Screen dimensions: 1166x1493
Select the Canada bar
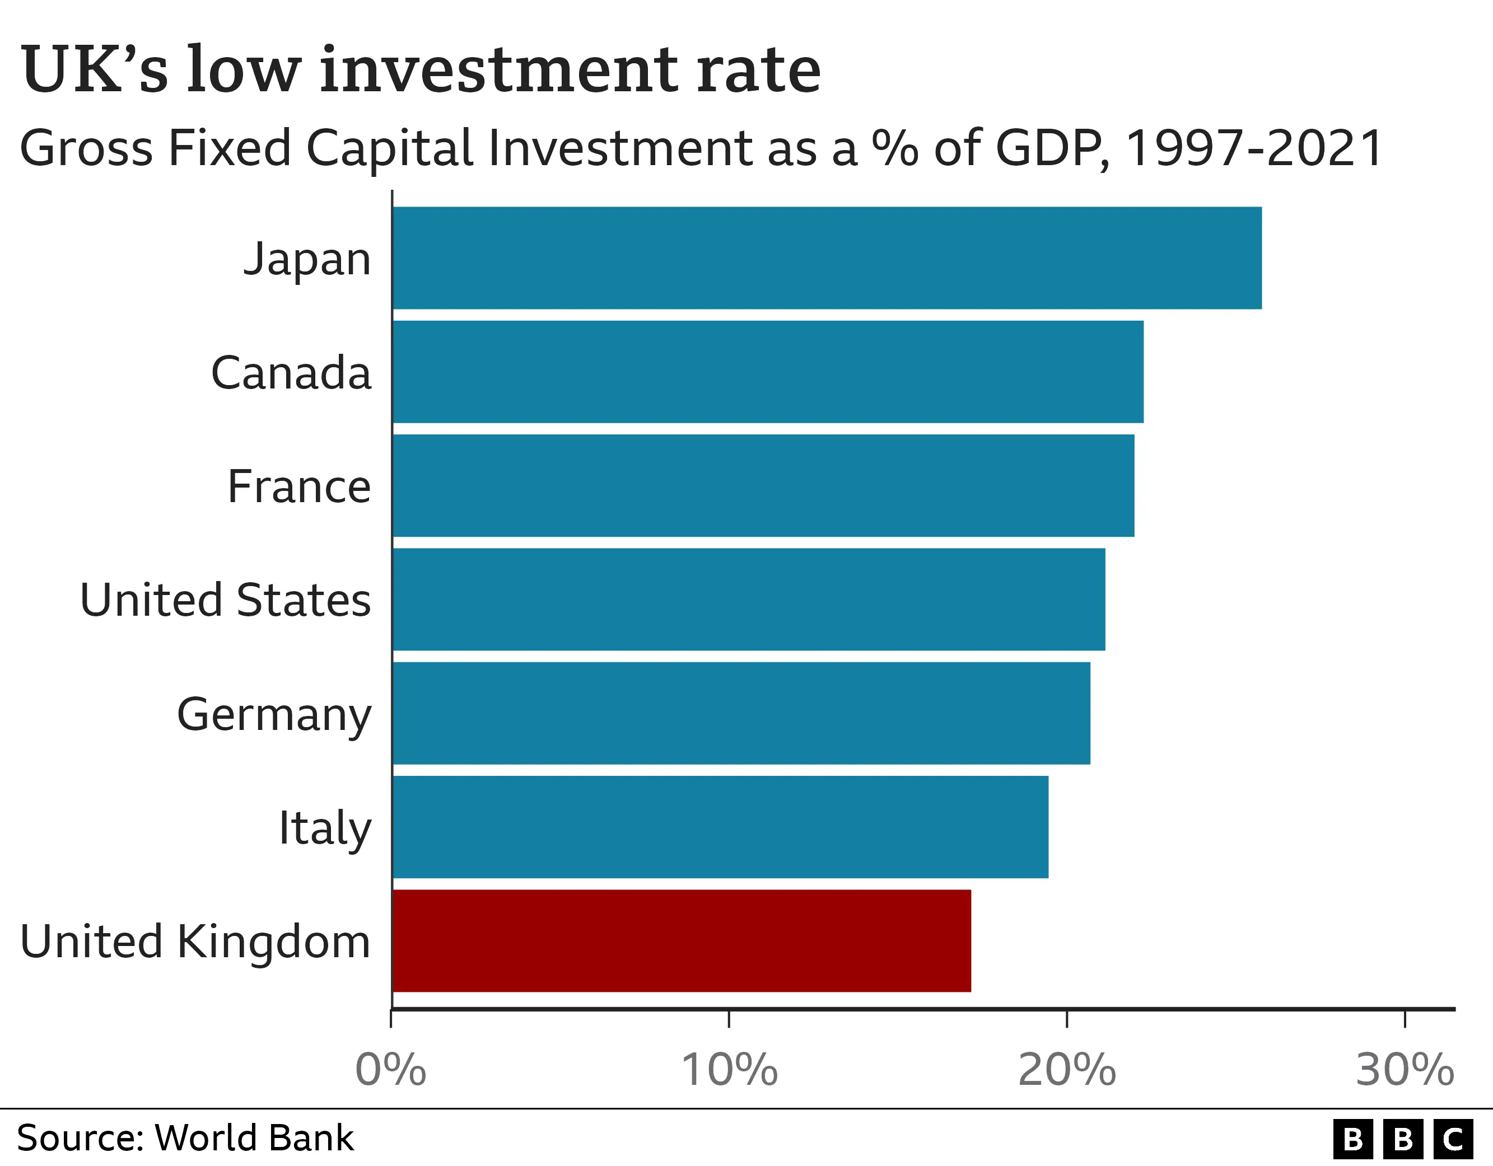(x=768, y=372)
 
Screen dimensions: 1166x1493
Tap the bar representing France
(x=763, y=485)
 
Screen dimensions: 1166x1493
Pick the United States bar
(x=749, y=600)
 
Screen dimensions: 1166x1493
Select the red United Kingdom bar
(x=682, y=940)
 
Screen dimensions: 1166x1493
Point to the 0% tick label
(x=390, y=1070)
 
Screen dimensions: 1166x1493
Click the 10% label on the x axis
(x=729, y=1070)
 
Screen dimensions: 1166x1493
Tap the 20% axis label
(x=1066, y=1070)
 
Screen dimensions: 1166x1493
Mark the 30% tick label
(x=1404, y=1070)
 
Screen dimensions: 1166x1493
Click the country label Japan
(x=307, y=259)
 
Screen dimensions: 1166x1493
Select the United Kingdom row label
(x=195, y=942)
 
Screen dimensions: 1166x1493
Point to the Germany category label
(x=274, y=715)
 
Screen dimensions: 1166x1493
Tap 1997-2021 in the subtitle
(x=1254, y=148)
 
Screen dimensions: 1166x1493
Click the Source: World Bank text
(x=185, y=1139)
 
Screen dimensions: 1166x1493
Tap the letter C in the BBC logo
(x=1453, y=1139)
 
